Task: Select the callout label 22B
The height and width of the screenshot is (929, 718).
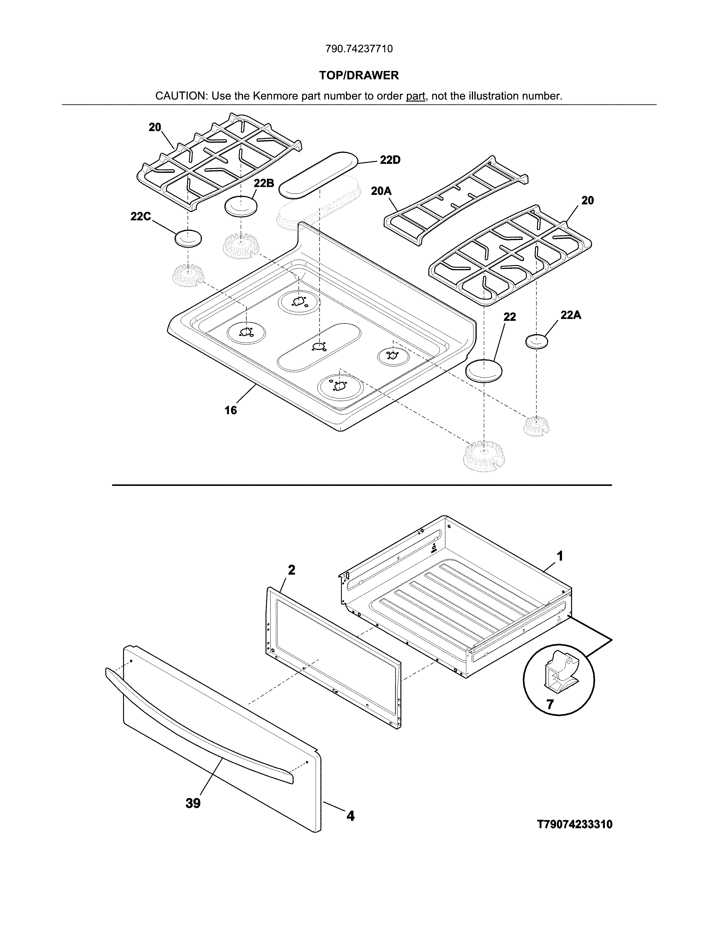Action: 264,183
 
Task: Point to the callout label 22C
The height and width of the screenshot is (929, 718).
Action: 141,216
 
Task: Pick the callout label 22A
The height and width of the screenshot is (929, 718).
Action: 570,315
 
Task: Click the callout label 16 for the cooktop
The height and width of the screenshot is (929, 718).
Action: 231,410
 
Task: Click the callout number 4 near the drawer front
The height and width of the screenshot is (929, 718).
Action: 350,816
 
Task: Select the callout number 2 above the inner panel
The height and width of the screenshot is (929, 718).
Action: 291,570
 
